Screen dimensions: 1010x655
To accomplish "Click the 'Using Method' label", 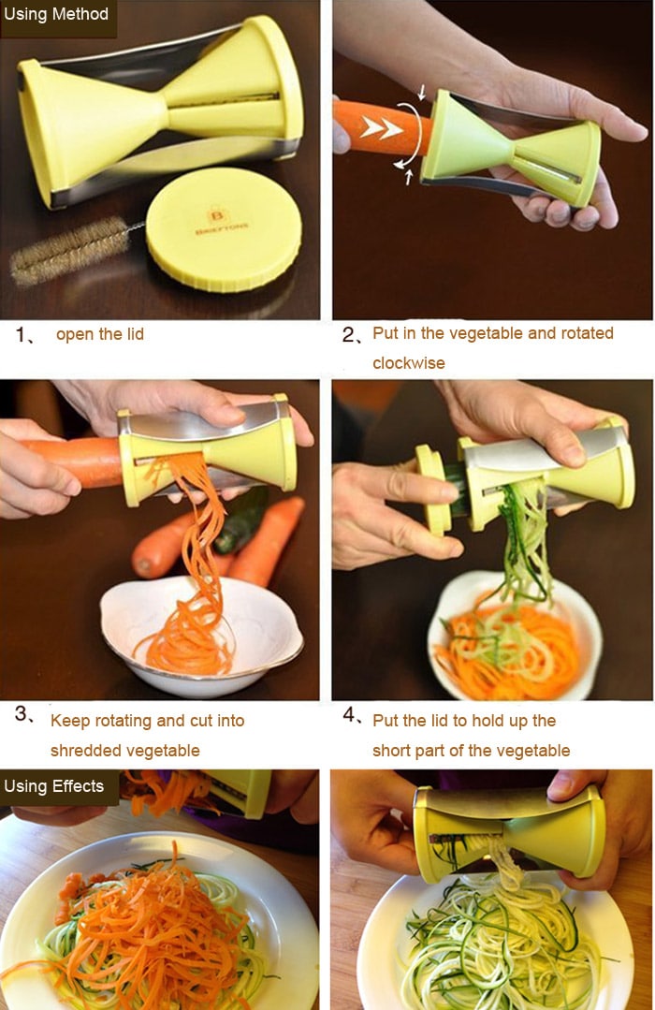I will [56, 14].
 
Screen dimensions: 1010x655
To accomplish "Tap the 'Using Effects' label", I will [53, 785].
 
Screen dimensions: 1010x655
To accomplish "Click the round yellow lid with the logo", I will [224, 229].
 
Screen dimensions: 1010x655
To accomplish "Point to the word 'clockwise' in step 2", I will [409, 363].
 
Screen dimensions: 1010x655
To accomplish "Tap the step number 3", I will [22, 715].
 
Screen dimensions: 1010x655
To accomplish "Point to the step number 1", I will [22, 334].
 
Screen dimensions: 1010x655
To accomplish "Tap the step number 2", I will [349, 334].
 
